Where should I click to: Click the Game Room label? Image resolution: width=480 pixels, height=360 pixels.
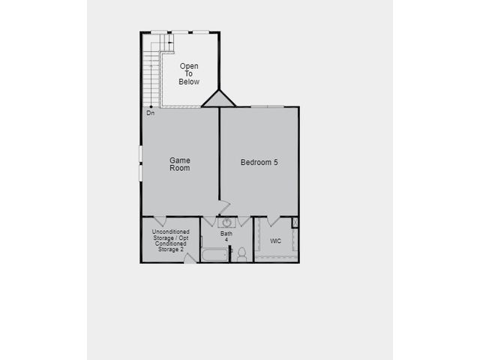coord(180,164)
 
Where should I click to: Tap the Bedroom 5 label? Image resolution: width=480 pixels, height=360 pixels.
coord(259,162)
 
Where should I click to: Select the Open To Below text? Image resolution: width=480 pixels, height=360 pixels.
coord(189,73)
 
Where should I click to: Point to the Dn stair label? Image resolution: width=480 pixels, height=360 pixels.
coord(150,113)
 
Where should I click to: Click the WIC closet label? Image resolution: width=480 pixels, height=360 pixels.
coord(275,241)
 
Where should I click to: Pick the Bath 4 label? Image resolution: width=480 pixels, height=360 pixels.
coord(226,236)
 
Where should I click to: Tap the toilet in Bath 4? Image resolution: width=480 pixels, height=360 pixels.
coord(241,254)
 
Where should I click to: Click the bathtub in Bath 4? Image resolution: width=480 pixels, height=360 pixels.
coord(215,255)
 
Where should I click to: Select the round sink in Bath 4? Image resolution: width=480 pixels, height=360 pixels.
coord(226,223)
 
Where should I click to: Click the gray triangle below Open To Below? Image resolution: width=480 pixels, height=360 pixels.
coord(218,100)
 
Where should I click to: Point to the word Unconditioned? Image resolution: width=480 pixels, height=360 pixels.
coord(171,232)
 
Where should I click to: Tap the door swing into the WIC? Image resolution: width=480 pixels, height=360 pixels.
coord(273,221)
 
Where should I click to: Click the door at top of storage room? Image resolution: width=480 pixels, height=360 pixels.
coord(160,220)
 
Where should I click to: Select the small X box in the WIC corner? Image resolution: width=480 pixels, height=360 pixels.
coord(295,222)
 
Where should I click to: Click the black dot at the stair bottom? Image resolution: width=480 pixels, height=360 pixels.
coord(151,106)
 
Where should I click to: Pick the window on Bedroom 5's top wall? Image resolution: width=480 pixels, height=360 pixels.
coord(267,106)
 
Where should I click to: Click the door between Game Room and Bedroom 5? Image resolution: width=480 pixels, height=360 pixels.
coord(224,208)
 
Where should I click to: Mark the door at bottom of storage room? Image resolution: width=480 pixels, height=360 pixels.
coord(190,259)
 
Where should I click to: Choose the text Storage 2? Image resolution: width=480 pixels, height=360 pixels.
coord(171,250)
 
